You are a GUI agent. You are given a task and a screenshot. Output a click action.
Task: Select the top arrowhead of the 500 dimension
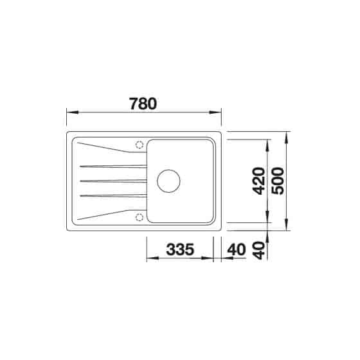(287, 136)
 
